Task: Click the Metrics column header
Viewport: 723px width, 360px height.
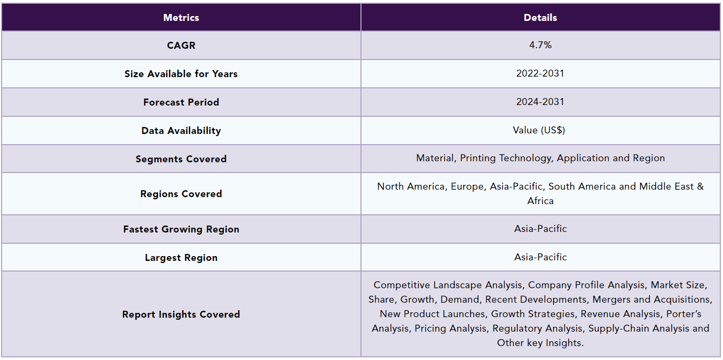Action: (181, 18)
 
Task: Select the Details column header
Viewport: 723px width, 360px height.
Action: (540, 18)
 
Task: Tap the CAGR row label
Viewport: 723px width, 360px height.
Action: (181, 46)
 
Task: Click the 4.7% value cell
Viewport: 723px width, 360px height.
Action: (540, 45)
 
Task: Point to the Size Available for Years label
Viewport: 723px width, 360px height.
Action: (181, 74)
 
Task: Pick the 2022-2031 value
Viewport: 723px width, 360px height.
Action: (540, 73)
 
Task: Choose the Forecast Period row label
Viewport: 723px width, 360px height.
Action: (181, 102)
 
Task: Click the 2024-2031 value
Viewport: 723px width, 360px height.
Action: (540, 102)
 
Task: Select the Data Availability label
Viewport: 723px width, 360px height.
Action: (181, 131)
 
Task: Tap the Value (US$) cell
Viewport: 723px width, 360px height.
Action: (540, 130)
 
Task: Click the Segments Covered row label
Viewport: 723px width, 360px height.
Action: (181, 159)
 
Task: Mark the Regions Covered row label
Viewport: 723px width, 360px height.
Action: (181, 194)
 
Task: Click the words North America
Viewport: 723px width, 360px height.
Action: (411, 186)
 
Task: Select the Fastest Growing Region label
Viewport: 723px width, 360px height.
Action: (181, 229)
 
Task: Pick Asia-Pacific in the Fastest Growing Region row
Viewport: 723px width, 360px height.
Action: (540, 229)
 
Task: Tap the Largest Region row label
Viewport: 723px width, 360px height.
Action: (181, 258)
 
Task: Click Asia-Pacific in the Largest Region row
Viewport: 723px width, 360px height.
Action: (540, 257)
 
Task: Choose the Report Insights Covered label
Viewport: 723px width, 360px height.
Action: (181, 314)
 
